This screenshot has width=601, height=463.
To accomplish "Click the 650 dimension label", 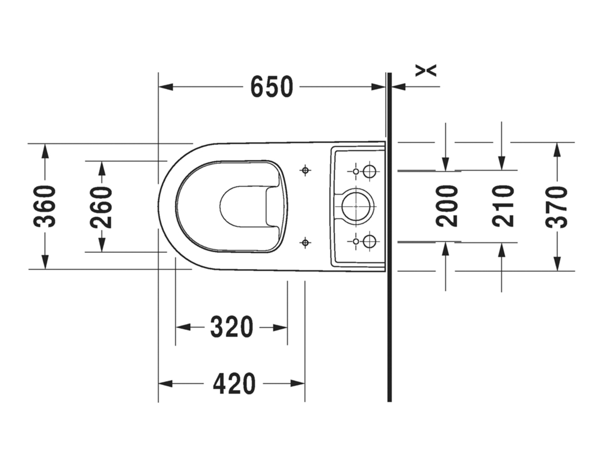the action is pyautogui.click(x=272, y=87).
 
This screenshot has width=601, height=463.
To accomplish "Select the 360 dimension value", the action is pyautogui.click(x=45, y=206).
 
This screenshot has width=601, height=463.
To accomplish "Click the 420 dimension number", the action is pyautogui.click(x=234, y=383).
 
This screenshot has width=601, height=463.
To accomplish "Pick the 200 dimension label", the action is pyautogui.click(x=447, y=206).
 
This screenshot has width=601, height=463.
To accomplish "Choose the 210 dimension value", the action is pyautogui.click(x=503, y=206).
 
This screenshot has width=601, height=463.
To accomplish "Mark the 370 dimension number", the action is pyautogui.click(x=557, y=206).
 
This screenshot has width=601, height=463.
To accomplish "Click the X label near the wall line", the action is pyautogui.click(x=426, y=70).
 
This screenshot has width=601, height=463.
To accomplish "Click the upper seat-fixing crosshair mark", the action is pyautogui.click(x=304, y=171).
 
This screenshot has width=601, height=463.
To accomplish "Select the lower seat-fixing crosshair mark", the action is pyautogui.click(x=305, y=242).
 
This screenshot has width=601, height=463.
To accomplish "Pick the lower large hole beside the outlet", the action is pyautogui.click(x=369, y=241).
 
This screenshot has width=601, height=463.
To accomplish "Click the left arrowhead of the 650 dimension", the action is pyautogui.click(x=166, y=87).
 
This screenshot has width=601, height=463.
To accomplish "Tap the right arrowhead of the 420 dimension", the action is pyautogui.click(x=298, y=383).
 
